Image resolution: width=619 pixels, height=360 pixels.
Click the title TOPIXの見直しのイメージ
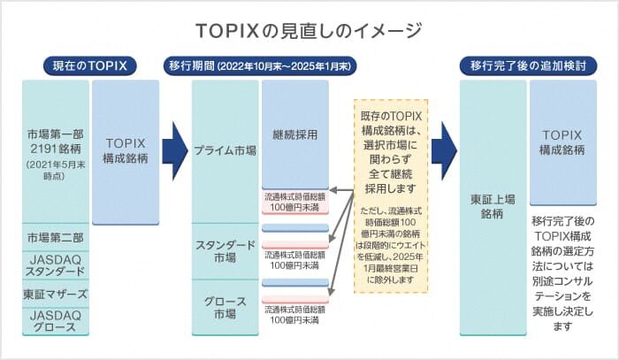[309, 30]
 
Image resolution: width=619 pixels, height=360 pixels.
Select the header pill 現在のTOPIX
[87, 65]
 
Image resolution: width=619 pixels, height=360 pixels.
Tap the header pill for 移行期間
[260, 65]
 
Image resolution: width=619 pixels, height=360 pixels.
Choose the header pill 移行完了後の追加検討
[528, 65]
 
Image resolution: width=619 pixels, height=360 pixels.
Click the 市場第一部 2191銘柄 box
[56, 150]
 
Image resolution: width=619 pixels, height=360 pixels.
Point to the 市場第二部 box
[56, 237]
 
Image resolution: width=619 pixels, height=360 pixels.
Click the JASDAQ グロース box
[56, 319]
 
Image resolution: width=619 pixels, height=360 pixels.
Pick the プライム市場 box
[225, 150]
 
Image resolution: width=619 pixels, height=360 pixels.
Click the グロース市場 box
[225, 306]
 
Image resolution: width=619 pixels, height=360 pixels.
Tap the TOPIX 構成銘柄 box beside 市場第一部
[126, 150]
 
